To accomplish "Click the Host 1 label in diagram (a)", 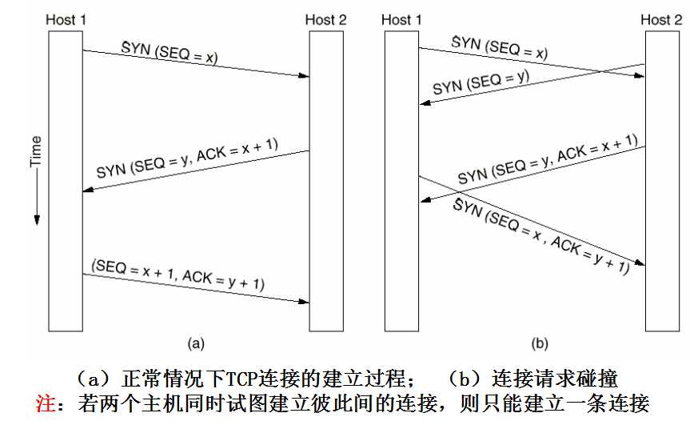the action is [66, 20].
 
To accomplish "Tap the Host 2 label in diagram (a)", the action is [325, 20].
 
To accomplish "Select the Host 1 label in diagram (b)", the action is [401, 20].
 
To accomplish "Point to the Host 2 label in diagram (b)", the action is [661, 20].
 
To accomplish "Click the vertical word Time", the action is [35, 151].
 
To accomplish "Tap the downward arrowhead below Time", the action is [37, 220].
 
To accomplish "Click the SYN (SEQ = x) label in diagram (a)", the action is [170, 53].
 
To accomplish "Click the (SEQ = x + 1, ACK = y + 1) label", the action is [178, 275].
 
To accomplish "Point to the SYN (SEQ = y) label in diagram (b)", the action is [481, 82].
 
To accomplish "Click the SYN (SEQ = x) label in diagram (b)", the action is [500, 48].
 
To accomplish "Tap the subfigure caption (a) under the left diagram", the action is [196, 344].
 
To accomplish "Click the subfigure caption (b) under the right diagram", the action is [540, 344].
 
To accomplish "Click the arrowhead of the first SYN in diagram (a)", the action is [304, 76].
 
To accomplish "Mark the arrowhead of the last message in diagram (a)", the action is [304, 302].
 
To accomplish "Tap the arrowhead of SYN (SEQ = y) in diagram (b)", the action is [425, 102].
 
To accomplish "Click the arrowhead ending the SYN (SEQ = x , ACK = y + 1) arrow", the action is [640, 263].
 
